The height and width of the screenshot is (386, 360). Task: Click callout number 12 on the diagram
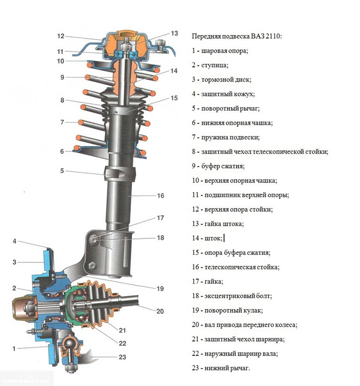[x=61, y=36]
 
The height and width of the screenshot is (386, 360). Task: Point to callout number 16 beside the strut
[x=160, y=196]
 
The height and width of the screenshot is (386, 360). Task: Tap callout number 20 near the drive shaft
[x=159, y=312]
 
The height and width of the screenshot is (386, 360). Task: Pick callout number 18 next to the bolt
[x=160, y=238]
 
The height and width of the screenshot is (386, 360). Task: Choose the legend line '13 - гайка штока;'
[x=218, y=224]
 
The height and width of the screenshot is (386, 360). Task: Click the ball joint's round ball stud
[x=69, y=340]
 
